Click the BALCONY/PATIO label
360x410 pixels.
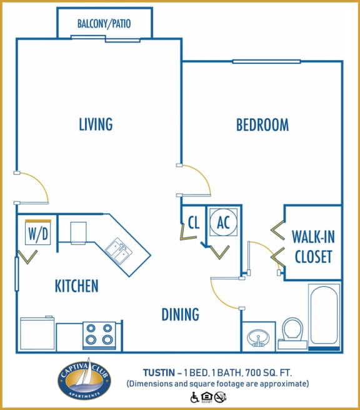(x=104, y=24)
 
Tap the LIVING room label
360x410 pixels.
(x=96, y=124)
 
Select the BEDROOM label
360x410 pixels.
(x=262, y=125)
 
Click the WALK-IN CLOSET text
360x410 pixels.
(x=312, y=246)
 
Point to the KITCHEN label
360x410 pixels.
(x=76, y=286)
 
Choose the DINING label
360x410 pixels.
(x=180, y=314)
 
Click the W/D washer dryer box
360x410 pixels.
(x=37, y=234)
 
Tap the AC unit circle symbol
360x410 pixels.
(x=223, y=222)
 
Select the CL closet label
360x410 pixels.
(x=193, y=222)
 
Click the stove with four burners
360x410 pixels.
(x=99, y=335)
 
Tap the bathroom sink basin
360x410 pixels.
(x=257, y=337)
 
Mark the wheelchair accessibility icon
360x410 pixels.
(x=194, y=396)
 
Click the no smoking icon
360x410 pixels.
(x=219, y=396)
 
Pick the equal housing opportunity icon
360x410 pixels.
(x=207, y=396)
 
